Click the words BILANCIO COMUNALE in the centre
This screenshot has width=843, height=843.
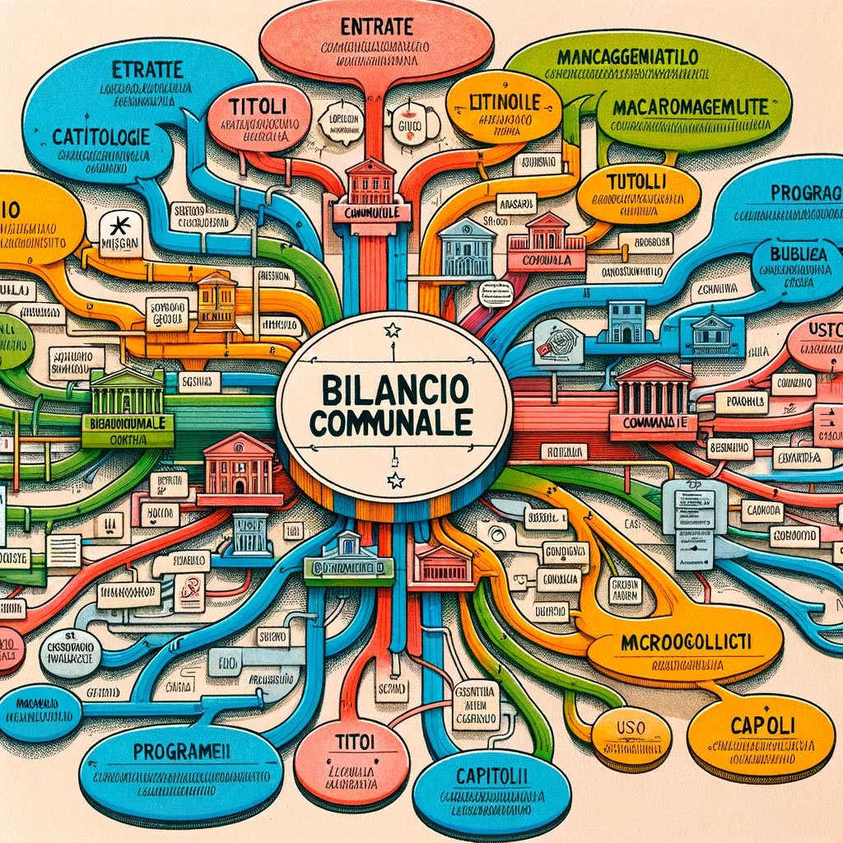pyautogui.click(x=394, y=403)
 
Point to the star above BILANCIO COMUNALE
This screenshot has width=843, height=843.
pyautogui.click(x=393, y=330)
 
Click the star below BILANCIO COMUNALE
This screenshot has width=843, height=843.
pyautogui.click(x=396, y=481)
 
